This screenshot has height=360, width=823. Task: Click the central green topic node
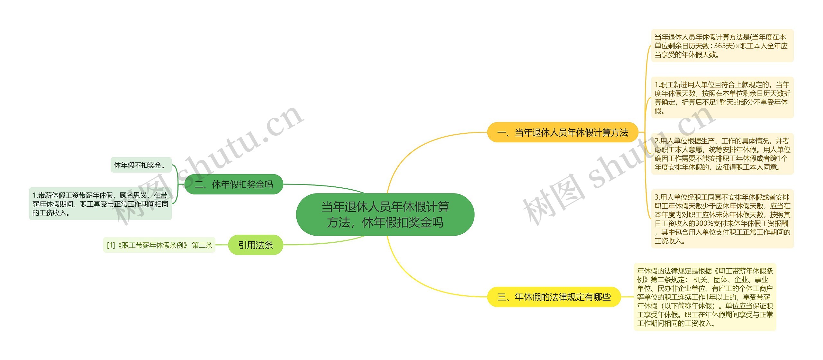click(x=385, y=214)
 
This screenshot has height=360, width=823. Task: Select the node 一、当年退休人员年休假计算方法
click(x=562, y=132)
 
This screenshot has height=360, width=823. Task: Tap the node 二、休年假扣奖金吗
click(x=234, y=184)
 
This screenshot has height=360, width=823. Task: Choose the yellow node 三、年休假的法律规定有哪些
click(x=554, y=297)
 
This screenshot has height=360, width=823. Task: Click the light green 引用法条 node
click(x=255, y=245)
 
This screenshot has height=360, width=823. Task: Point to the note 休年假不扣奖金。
click(x=141, y=165)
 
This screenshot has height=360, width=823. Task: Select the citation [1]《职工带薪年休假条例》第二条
click(x=159, y=245)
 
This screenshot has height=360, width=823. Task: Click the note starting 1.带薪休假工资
click(x=100, y=204)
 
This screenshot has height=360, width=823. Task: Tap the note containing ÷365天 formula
click(x=722, y=46)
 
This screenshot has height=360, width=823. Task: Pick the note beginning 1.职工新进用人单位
click(x=722, y=98)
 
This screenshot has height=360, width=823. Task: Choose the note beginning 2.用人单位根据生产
click(x=722, y=154)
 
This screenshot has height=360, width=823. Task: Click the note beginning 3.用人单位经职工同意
click(x=722, y=219)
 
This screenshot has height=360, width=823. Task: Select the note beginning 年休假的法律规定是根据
click(x=705, y=297)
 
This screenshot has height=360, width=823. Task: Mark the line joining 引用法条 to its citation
click(x=222, y=245)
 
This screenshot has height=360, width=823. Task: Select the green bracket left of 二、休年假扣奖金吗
click(x=177, y=184)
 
